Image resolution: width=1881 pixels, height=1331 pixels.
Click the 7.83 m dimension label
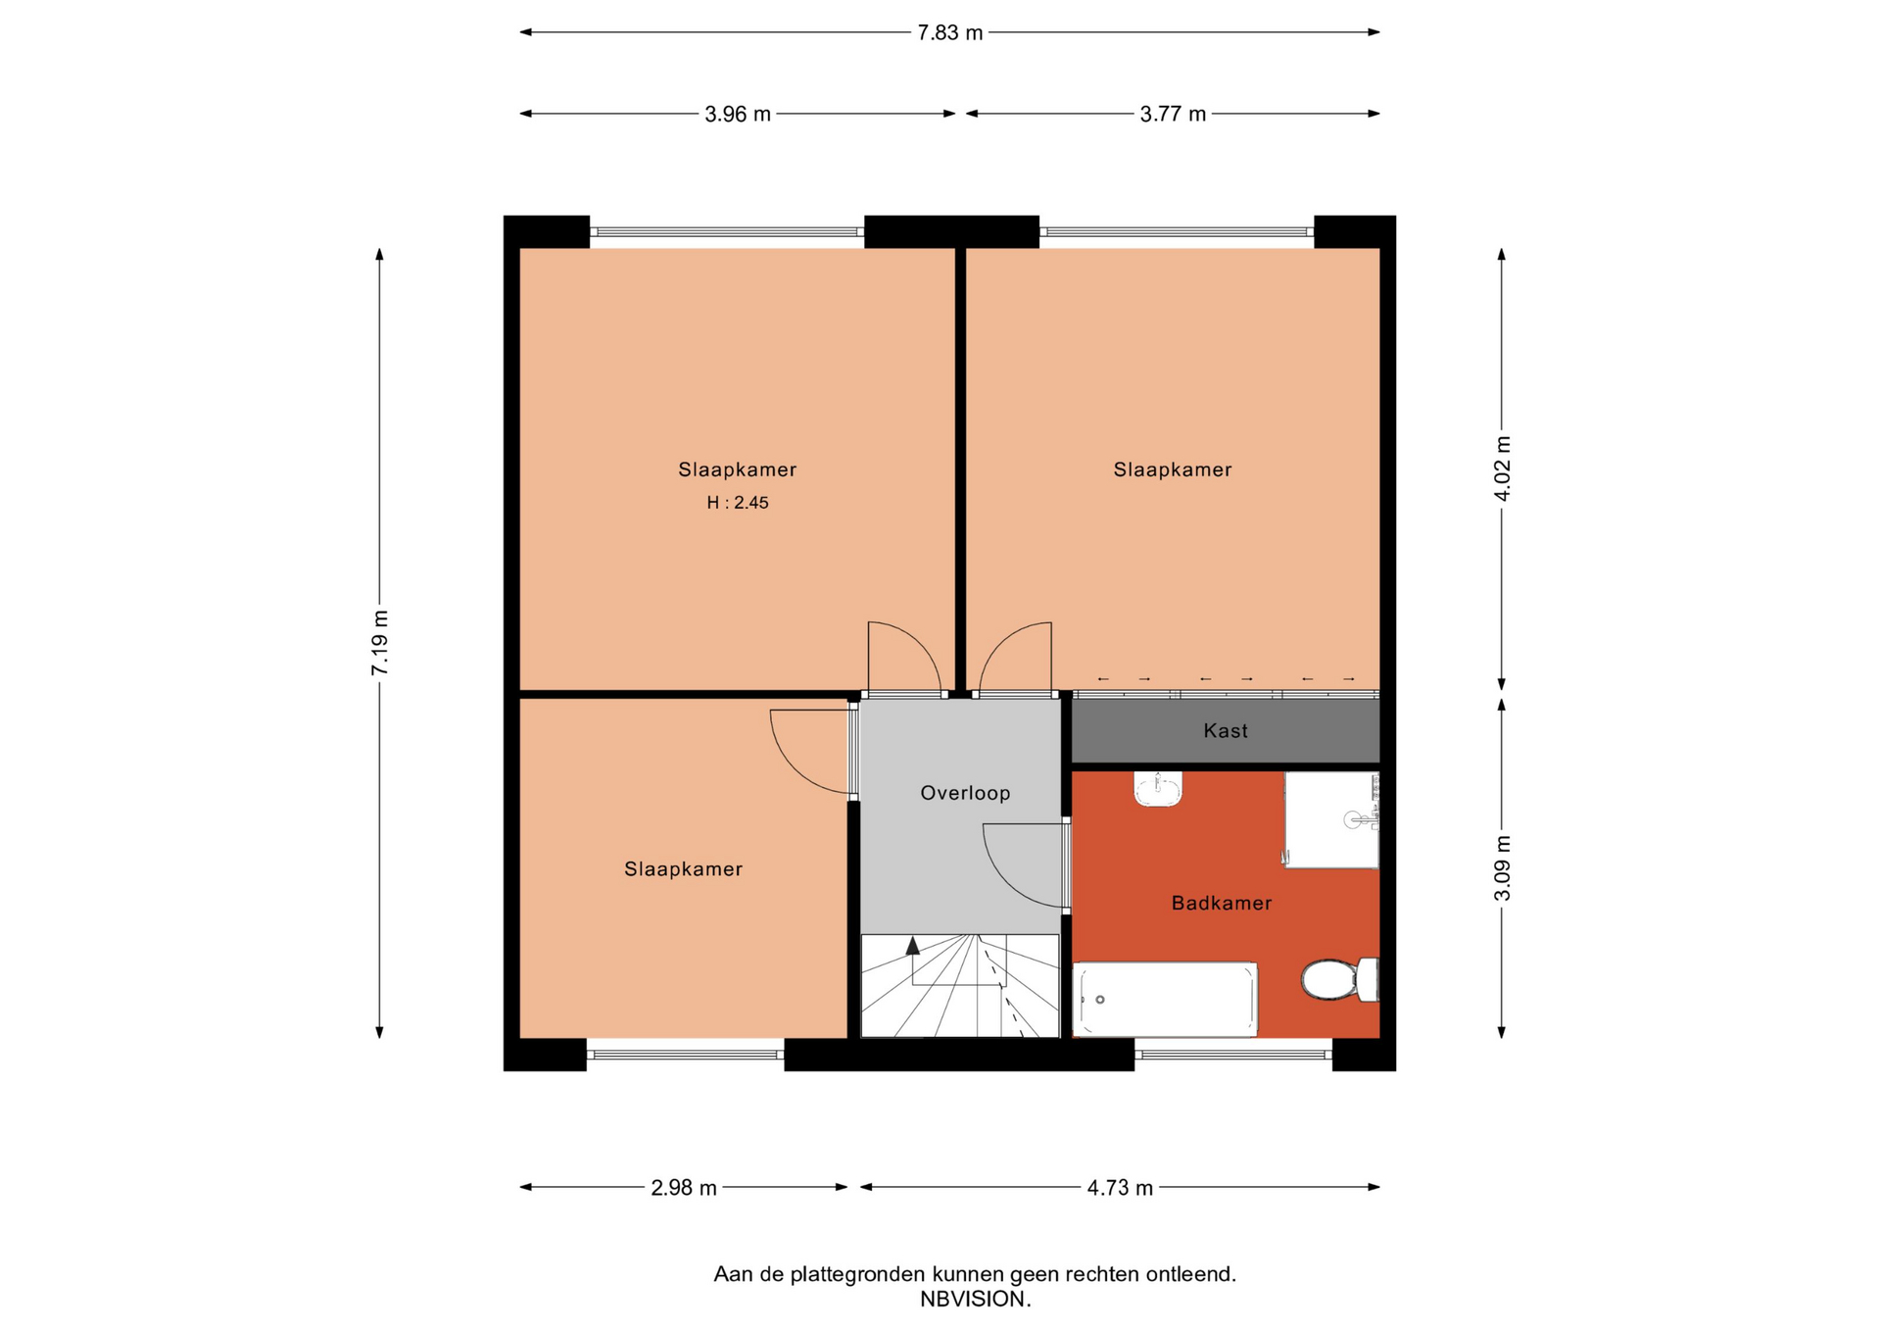point(949,33)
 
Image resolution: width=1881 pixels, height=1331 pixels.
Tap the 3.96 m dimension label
point(738,115)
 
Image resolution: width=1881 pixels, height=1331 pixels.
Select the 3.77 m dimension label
point(1173,115)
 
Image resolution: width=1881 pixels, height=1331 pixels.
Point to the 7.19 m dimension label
point(380,642)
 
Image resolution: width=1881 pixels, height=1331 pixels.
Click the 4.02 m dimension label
point(1502,468)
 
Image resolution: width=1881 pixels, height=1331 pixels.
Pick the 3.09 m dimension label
point(1502,868)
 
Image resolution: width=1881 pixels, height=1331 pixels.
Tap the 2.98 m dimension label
point(684,1188)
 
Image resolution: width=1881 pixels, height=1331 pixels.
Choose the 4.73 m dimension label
point(1120,1188)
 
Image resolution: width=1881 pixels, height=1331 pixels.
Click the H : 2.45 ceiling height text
point(738,503)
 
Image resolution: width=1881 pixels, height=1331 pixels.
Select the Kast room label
point(1226,730)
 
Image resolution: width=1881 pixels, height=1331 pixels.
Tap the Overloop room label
point(965,793)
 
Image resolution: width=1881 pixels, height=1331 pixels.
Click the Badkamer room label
point(1222,903)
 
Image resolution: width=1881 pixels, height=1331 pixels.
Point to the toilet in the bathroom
point(1339,979)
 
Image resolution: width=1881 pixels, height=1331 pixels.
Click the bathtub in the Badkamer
point(1165,999)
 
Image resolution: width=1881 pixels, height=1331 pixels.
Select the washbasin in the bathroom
point(1158,788)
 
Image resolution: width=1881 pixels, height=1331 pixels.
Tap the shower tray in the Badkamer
point(1331,819)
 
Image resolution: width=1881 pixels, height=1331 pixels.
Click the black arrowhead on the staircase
point(913,946)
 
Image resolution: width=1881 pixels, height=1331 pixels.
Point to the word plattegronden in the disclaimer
point(858,1274)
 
